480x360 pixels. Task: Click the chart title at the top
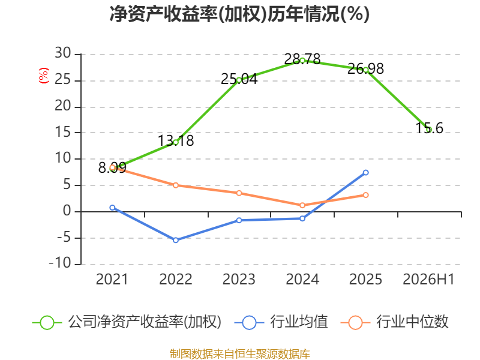click(x=239, y=14)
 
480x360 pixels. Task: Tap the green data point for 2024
click(x=302, y=61)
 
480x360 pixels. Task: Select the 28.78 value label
click(x=302, y=59)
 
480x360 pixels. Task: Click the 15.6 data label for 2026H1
click(x=429, y=128)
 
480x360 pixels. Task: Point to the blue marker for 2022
click(x=176, y=241)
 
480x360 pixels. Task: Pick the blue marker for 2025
click(x=366, y=173)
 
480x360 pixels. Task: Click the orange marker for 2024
click(x=302, y=205)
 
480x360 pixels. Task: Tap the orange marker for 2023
click(x=239, y=193)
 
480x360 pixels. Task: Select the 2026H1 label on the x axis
click(x=428, y=279)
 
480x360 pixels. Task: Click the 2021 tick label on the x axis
click(x=112, y=279)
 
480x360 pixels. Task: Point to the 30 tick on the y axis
click(x=63, y=53)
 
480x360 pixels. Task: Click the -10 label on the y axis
click(x=60, y=263)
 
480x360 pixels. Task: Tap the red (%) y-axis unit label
click(x=43, y=76)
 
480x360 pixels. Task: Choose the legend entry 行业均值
click(x=281, y=322)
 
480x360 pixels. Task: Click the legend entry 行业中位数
click(x=394, y=322)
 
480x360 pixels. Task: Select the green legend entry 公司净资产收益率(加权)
click(x=127, y=322)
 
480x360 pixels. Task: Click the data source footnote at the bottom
click(x=240, y=354)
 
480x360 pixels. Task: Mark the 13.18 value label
click(x=176, y=141)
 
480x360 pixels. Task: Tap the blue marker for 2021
click(x=112, y=208)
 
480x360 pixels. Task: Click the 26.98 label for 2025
click(x=365, y=68)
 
